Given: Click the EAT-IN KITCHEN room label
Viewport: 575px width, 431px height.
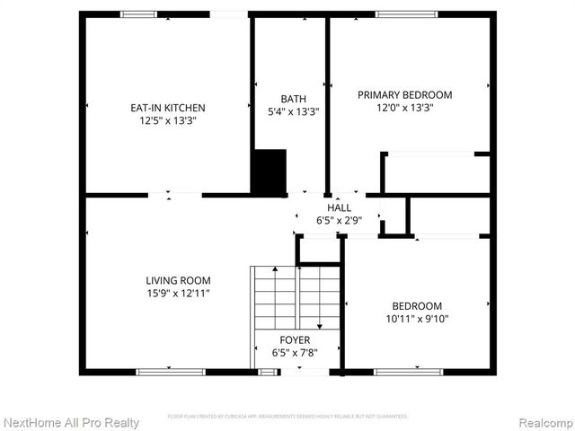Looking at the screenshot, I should (x=168, y=108).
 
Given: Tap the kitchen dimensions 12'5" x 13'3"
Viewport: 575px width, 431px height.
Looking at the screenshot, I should (x=168, y=120).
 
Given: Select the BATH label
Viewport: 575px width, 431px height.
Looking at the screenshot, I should (x=293, y=100).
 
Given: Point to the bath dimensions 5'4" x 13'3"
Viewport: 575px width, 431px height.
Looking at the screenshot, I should (x=293, y=112).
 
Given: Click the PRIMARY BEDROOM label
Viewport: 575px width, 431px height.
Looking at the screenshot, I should (x=404, y=95).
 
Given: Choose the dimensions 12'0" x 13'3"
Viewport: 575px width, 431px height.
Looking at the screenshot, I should (x=404, y=108).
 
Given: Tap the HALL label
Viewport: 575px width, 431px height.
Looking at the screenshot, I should (x=339, y=207).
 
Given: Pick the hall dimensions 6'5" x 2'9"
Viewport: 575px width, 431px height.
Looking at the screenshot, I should (x=339, y=220).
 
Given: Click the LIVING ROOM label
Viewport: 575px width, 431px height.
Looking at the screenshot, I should (x=178, y=280).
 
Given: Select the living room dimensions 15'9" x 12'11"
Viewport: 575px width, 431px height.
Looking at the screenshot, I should (x=178, y=293).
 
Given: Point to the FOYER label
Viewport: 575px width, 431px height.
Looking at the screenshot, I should (x=295, y=340).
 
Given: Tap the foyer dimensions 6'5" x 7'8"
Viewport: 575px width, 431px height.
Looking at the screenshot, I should (x=295, y=353).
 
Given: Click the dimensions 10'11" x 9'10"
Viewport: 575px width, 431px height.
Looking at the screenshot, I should (x=416, y=319).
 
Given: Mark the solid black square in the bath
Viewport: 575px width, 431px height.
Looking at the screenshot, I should (x=268, y=172).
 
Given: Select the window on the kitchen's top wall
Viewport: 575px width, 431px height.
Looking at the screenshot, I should (x=138, y=14).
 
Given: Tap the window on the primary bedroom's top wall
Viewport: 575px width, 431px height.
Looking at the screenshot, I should (x=406, y=14).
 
